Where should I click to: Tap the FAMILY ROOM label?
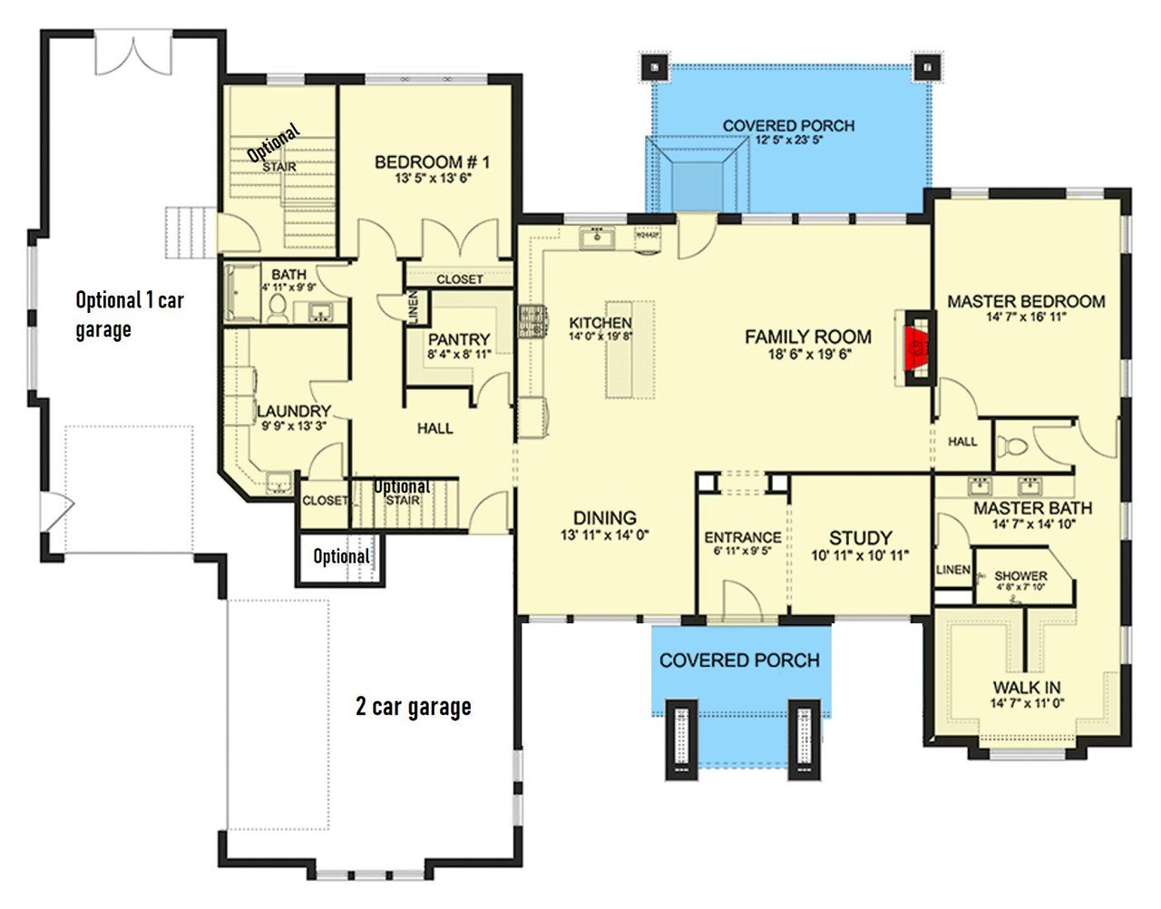808,337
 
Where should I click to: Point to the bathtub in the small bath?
241,292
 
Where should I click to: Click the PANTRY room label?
459,339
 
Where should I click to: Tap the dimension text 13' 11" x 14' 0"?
604,535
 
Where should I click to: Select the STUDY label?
860,538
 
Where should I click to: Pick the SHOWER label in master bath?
1020,576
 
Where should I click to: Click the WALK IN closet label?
1026,688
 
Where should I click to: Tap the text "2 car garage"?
413,706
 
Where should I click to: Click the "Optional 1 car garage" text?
129,313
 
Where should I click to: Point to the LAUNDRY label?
293,411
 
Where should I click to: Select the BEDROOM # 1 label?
432,162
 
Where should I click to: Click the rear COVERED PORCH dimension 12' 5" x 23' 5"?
788,141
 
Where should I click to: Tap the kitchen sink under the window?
598,239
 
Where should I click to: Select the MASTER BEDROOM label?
1025,301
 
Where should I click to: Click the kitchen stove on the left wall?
531,321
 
